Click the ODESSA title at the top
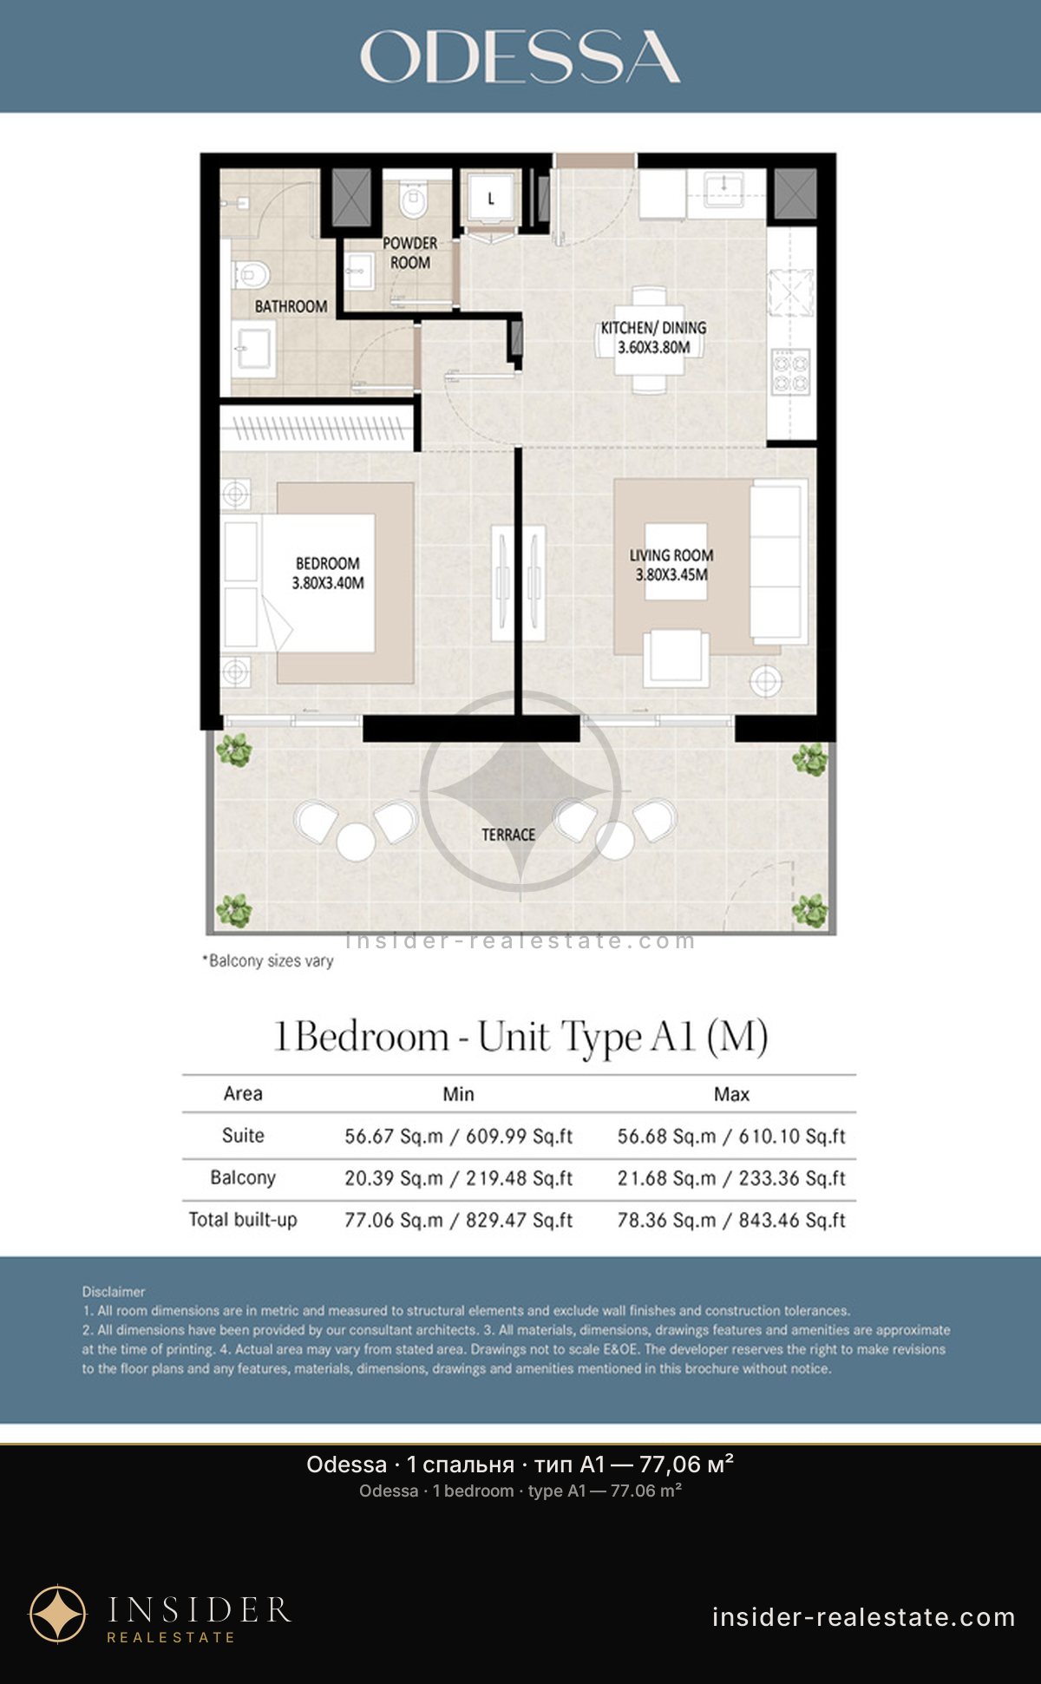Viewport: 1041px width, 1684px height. point(520,56)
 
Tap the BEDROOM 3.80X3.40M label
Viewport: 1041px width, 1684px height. point(328,573)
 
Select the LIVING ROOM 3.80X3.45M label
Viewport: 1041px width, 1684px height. point(671,564)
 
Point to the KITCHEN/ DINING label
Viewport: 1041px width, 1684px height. point(654,328)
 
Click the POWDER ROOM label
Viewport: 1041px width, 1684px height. point(410,252)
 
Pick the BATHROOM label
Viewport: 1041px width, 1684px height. point(291,306)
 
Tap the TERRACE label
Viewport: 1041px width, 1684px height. point(508,835)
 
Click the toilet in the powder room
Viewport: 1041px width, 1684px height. point(414,201)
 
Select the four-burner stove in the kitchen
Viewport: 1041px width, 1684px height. point(791,371)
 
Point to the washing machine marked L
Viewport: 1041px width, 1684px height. point(490,199)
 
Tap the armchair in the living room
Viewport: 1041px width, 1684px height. point(676,658)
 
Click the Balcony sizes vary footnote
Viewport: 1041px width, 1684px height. point(268,960)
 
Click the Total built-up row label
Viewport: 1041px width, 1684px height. point(243,1220)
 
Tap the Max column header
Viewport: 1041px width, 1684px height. point(731,1094)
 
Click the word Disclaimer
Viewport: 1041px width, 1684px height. point(114,1291)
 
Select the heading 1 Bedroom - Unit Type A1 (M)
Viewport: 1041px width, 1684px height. point(520,1037)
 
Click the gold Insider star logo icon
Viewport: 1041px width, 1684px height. point(58,1614)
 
